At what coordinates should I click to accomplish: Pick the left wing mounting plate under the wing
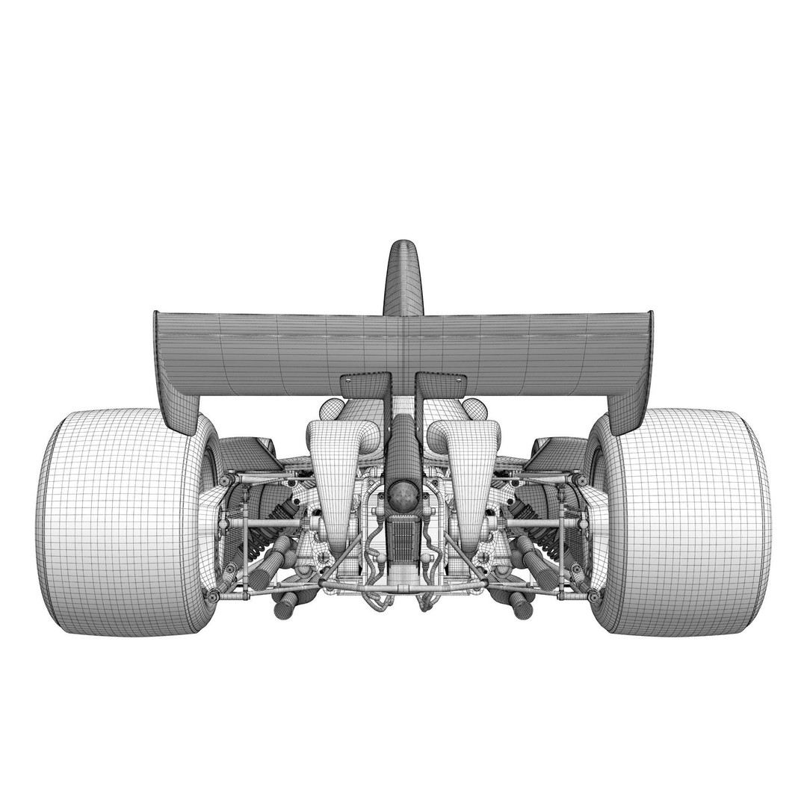(365, 385)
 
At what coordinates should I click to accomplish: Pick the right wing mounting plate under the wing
(442, 385)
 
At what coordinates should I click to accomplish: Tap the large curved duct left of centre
(336, 471)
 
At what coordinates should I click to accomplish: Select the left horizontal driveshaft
(262, 523)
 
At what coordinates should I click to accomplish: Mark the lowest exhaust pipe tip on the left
(284, 609)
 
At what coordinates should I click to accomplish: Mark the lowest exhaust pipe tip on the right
(523, 609)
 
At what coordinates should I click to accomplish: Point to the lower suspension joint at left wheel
(213, 596)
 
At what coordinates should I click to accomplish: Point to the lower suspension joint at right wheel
(594, 596)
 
